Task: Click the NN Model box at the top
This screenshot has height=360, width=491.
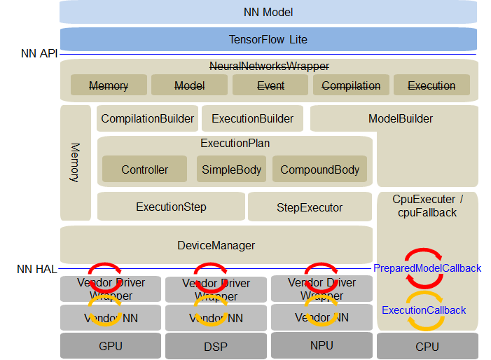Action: pyautogui.click(x=268, y=12)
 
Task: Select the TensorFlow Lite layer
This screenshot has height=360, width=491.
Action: pyautogui.click(x=268, y=39)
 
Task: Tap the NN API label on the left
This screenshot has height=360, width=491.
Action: pyautogui.click(x=39, y=53)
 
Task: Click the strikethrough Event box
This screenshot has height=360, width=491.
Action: pyautogui.click(x=270, y=85)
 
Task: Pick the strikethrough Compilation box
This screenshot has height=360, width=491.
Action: pyautogui.click(x=350, y=85)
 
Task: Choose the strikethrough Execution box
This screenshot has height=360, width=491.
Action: pyautogui.click(x=431, y=85)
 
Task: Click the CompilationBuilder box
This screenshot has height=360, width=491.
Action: pyautogui.click(x=147, y=118)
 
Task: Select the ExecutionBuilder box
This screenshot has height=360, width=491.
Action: pyautogui.click(x=252, y=118)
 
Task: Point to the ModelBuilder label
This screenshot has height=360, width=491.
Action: pyautogui.click(x=400, y=118)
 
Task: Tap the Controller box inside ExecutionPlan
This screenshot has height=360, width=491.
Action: pyautogui.click(x=144, y=169)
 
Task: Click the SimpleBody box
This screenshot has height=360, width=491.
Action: pyautogui.click(x=231, y=169)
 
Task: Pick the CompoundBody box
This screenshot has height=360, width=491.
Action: pyautogui.click(x=319, y=169)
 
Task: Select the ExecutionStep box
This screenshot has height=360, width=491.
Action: pyautogui.click(x=171, y=207)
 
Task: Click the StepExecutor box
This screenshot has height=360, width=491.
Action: pyautogui.click(x=309, y=207)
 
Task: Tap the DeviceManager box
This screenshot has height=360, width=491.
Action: pyautogui.click(x=216, y=245)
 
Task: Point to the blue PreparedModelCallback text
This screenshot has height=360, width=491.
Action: pyautogui.click(x=427, y=268)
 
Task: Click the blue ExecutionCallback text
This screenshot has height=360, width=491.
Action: pyautogui.click(x=424, y=310)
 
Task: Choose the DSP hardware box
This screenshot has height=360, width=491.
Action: pyautogui.click(x=215, y=346)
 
